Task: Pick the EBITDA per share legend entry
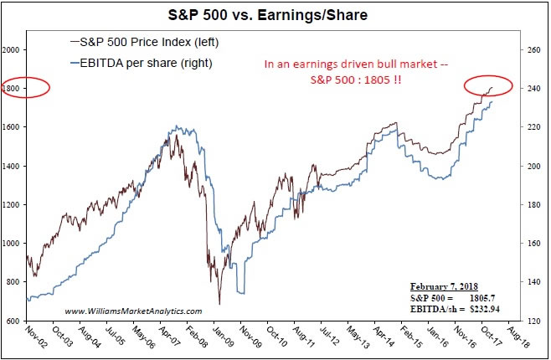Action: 139,62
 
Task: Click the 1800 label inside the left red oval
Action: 13,89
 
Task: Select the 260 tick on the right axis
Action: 532,50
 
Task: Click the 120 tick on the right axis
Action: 532,321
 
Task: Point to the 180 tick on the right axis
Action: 532,204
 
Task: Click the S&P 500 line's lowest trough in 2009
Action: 219,304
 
